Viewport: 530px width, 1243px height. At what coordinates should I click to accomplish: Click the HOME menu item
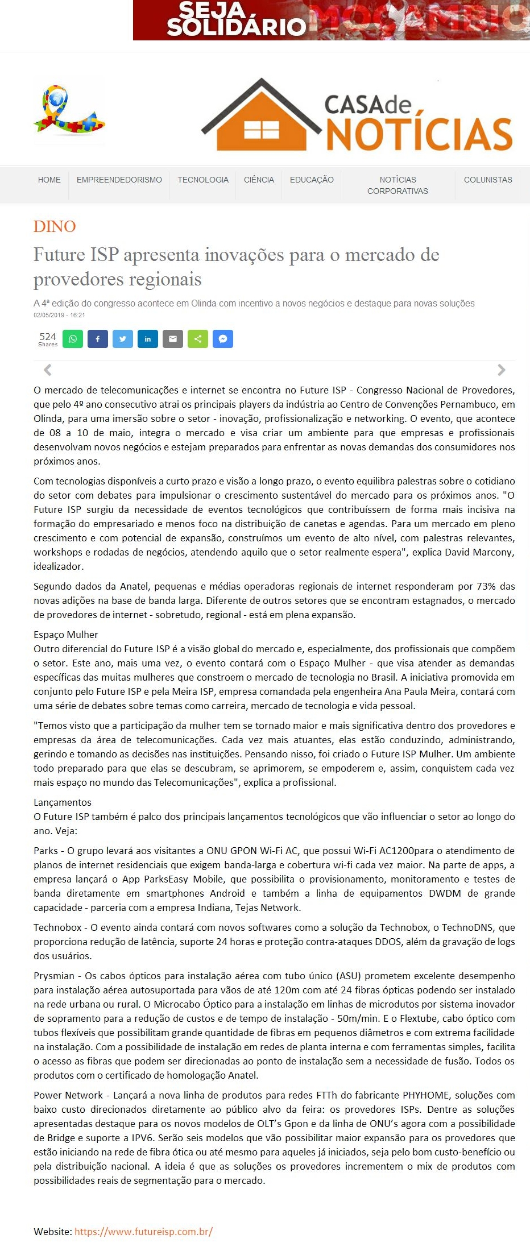click(x=49, y=180)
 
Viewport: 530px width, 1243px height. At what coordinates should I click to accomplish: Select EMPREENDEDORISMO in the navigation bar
click(x=119, y=180)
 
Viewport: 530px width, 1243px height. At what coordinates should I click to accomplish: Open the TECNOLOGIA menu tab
click(x=203, y=180)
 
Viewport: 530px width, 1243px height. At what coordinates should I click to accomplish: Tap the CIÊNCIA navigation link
click(x=259, y=180)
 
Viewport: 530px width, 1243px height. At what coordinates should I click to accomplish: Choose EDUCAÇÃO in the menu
click(x=312, y=180)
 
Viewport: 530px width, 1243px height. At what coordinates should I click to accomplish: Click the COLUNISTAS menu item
click(x=488, y=180)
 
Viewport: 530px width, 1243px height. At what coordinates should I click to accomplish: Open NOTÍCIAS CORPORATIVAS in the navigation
click(x=398, y=185)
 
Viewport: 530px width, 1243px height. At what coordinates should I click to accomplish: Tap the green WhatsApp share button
click(x=73, y=339)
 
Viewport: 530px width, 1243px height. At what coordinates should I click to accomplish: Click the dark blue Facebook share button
click(x=98, y=339)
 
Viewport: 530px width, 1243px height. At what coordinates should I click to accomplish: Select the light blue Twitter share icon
click(x=123, y=339)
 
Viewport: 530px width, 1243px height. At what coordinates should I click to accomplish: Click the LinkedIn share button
click(x=148, y=339)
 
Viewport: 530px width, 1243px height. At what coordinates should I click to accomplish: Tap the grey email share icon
click(x=173, y=339)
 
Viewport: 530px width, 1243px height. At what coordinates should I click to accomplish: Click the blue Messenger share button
click(x=223, y=339)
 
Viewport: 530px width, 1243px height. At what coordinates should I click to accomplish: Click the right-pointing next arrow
click(x=501, y=370)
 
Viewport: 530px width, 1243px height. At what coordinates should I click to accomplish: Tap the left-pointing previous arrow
click(x=48, y=370)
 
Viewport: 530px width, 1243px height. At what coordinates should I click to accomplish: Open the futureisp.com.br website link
click(x=143, y=1232)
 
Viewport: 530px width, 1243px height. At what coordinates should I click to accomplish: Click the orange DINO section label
click(x=55, y=226)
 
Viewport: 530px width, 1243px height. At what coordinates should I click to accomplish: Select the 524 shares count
click(x=48, y=339)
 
